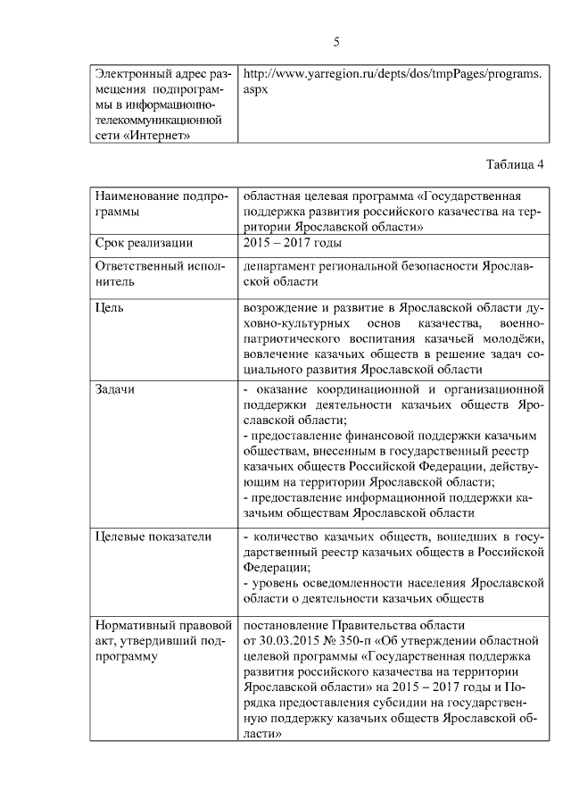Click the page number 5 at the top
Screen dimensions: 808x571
click(336, 42)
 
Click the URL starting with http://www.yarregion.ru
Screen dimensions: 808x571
click(393, 74)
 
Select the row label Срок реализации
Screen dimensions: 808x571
click(144, 243)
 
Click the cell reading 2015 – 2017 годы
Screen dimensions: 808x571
click(291, 243)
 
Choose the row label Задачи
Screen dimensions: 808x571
click(117, 389)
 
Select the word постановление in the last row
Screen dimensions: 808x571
click(287, 625)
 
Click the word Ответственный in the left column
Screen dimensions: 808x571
click(143, 266)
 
